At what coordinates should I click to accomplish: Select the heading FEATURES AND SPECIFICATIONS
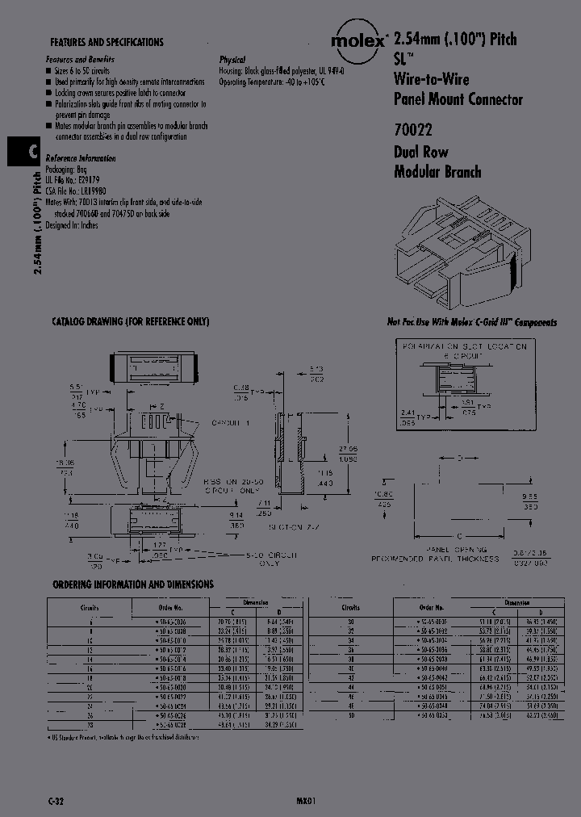107,42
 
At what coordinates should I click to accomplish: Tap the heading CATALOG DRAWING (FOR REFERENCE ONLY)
130,321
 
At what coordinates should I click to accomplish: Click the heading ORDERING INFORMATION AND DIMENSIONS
133,584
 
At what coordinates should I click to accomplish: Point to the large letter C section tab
22,151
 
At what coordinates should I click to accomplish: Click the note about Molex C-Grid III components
471,322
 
